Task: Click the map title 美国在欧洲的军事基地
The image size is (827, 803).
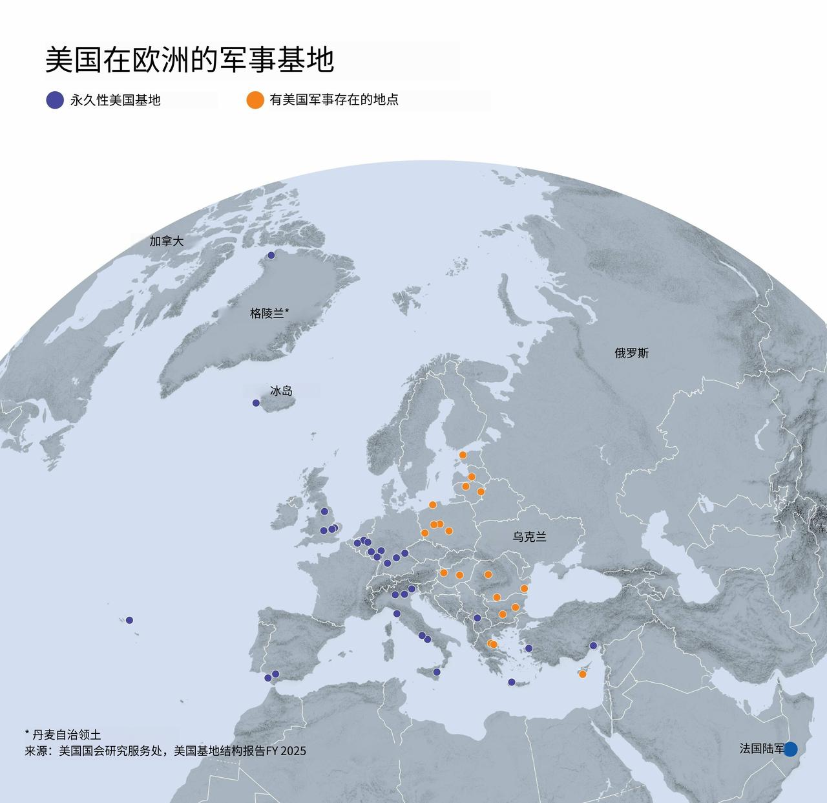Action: (189, 60)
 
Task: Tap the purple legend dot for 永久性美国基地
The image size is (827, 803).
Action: (55, 100)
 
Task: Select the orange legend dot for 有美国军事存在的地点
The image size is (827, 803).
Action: (255, 100)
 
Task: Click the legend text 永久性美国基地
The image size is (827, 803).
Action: (115, 100)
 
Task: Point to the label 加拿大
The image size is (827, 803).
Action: (167, 241)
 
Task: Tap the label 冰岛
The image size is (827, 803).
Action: (281, 391)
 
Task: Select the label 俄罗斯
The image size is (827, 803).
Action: (631, 353)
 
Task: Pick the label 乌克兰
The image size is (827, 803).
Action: (529, 537)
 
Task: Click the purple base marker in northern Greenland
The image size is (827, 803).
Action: (271, 255)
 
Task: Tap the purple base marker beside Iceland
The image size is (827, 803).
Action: (256, 403)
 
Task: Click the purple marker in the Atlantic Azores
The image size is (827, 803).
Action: (129, 620)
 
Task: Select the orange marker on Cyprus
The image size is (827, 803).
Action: (582, 674)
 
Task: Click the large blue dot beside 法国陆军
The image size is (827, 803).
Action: (790, 749)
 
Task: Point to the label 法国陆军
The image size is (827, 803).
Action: (761, 749)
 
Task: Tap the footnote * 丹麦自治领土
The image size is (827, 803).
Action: (63, 734)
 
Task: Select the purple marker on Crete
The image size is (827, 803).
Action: (512, 682)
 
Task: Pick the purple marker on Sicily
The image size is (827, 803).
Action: (437, 672)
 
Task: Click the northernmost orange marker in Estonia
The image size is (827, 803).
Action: (463, 455)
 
